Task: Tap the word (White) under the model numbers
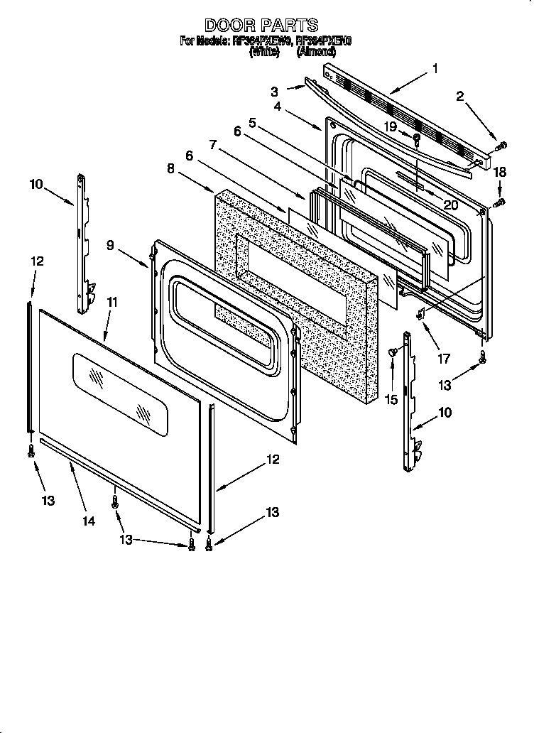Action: pyautogui.click(x=264, y=52)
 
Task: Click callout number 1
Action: pyautogui.click(x=435, y=69)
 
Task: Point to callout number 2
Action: pyautogui.click(x=460, y=97)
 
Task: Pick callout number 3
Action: pyautogui.click(x=273, y=91)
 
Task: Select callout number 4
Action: pyautogui.click(x=278, y=107)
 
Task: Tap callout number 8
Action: pyautogui.click(x=170, y=169)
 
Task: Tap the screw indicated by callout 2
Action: pyautogui.click(x=501, y=146)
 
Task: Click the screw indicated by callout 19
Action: pyautogui.click(x=416, y=137)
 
